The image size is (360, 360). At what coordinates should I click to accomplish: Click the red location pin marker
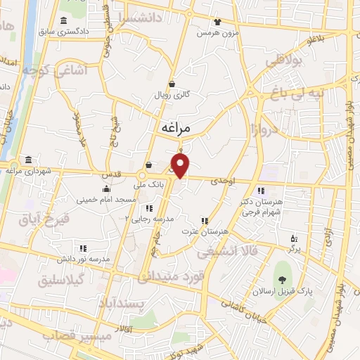pos(181,165)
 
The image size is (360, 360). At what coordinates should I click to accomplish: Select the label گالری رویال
pos(172,95)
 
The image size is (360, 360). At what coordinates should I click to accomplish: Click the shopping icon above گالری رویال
pos(172,84)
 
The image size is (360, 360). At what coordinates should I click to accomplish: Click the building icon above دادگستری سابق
pos(65,20)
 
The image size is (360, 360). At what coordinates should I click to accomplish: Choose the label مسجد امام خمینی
pos(107,200)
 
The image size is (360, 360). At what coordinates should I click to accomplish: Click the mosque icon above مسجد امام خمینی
pos(106,188)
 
